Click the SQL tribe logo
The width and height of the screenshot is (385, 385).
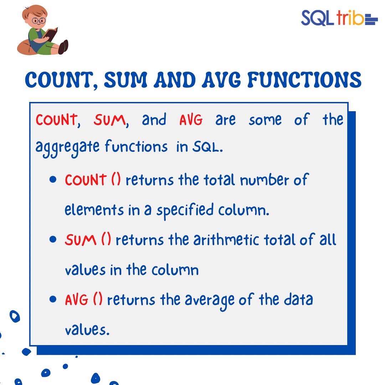click(339, 18)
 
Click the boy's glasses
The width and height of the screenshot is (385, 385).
click(39, 20)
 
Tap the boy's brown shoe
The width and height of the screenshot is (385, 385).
click(63, 47)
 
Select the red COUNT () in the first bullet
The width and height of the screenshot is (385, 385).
click(93, 180)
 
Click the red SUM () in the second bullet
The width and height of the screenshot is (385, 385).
click(88, 240)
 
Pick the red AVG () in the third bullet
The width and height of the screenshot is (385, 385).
click(83, 300)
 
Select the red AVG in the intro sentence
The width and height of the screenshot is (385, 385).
click(191, 120)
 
